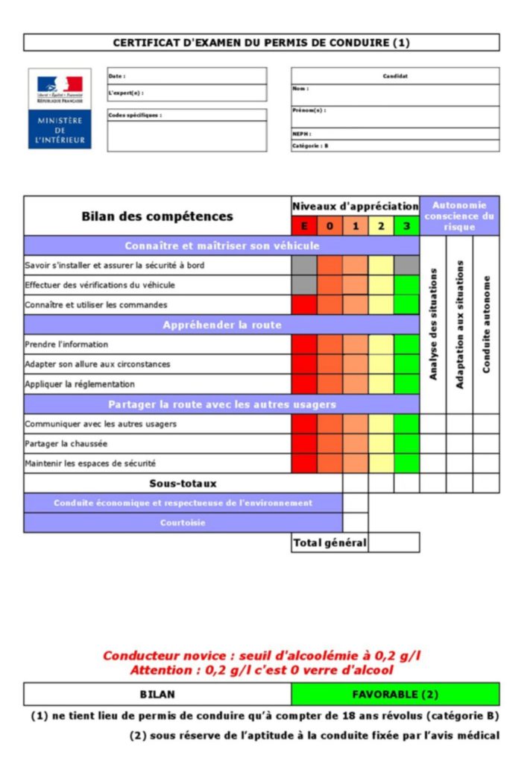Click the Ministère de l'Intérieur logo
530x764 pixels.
tap(60, 109)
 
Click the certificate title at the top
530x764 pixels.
tap(261, 43)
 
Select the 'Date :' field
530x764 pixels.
tap(186, 76)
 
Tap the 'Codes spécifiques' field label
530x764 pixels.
tap(135, 116)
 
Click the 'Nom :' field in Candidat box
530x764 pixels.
tap(395, 94)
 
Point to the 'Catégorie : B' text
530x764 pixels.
tap(310, 146)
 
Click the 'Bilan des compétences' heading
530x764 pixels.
tap(157, 216)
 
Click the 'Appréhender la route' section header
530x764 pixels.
tap(222, 325)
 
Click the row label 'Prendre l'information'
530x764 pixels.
tap(66, 345)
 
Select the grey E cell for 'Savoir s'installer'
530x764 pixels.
tap(304, 265)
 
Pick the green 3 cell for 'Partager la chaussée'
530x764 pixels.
tap(406, 443)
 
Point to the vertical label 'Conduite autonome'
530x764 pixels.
tap(486, 325)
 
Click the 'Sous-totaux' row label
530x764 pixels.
tap(183, 483)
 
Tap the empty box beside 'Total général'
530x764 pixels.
tap(394, 542)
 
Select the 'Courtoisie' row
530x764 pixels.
tap(183, 522)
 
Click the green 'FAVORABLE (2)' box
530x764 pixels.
tap(395, 694)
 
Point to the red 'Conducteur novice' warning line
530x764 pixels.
tap(262, 656)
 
